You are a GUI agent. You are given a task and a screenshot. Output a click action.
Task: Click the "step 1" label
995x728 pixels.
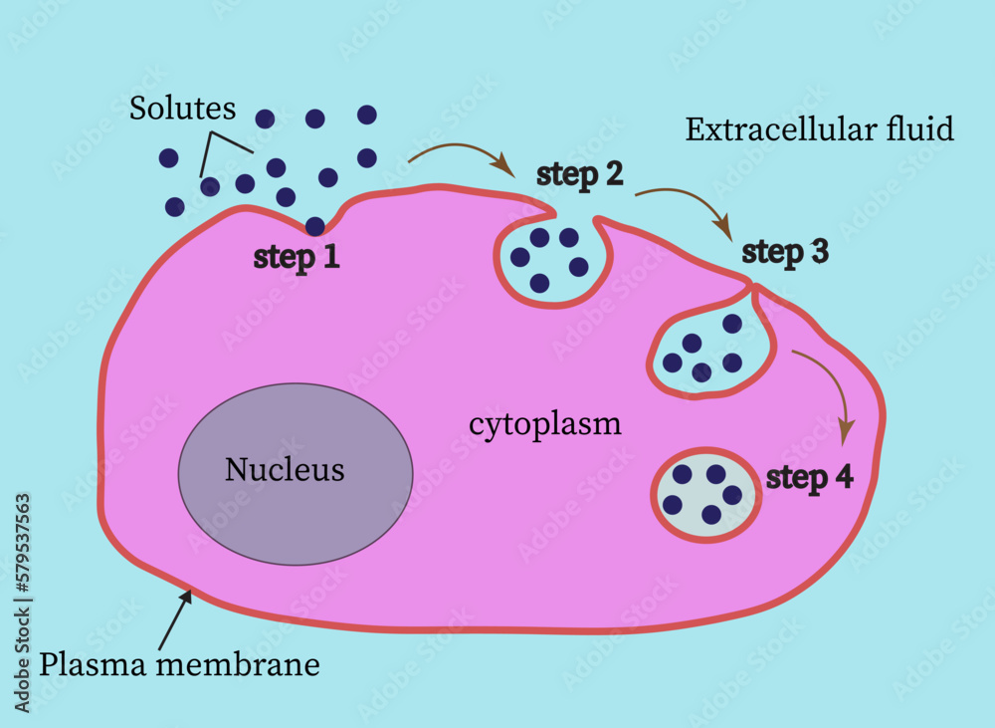click(x=297, y=257)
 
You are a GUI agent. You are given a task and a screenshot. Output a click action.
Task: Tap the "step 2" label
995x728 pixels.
click(x=580, y=174)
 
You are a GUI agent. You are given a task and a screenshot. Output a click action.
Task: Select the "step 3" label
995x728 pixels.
click(x=785, y=252)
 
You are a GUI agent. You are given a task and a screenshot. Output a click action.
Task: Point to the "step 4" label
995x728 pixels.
click(x=809, y=478)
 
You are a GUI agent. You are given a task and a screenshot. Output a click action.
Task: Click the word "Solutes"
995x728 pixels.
click(x=182, y=109)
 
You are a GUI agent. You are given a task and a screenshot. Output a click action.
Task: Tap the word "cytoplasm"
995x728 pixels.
click(x=544, y=424)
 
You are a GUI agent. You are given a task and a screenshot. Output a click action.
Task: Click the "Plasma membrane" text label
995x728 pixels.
click(x=179, y=664)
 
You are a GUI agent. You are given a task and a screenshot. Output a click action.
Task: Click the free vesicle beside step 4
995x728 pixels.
click(x=705, y=493)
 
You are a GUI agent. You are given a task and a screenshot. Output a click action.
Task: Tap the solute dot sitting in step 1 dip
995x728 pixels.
click(x=315, y=226)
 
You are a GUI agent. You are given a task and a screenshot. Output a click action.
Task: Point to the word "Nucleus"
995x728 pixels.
click(x=285, y=469)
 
